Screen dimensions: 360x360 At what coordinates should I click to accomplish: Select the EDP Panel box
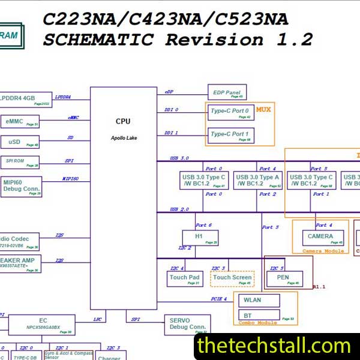pos(227,92)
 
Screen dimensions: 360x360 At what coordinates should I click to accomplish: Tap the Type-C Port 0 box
pos(230,113)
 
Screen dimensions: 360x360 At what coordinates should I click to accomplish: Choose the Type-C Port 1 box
pos(230,136)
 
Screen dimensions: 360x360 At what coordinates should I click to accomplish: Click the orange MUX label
pos(263,110)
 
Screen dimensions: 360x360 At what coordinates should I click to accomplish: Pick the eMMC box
pos(20,122)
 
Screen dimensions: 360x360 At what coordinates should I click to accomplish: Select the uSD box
pos(20,142)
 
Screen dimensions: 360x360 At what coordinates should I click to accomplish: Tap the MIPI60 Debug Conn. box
pos(21,186)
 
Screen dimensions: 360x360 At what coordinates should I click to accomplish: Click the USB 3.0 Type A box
pos(257,181)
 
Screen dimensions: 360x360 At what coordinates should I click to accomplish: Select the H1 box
pos(200,238)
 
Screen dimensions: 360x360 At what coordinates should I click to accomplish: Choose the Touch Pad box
pos(184,279)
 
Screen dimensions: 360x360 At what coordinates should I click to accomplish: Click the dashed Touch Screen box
pos(232,279)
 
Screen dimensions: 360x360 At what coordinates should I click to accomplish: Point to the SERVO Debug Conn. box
pos(187,325)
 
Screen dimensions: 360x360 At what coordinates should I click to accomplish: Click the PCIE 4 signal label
pos(218,299)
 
